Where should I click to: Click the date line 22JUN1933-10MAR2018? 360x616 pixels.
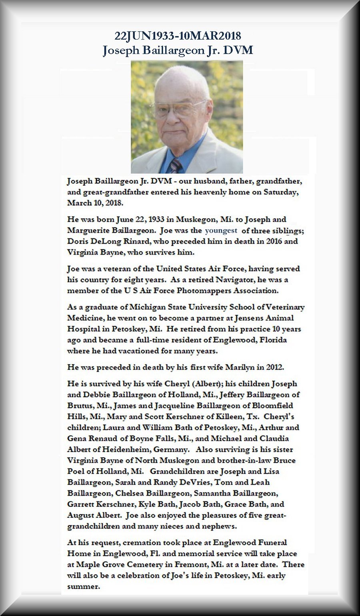point(178,36)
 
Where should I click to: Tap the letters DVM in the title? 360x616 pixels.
point(241,50)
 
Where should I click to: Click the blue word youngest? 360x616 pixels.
point(221,231)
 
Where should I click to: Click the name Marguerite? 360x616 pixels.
point(88,231)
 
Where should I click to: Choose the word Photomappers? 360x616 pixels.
point(202,291)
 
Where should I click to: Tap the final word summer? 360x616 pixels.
point(83,587)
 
